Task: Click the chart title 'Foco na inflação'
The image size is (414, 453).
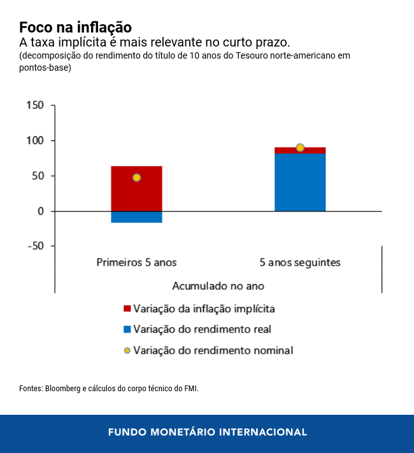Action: [x=75, y=27]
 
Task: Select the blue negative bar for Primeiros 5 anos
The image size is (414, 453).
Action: [x=136, y=217]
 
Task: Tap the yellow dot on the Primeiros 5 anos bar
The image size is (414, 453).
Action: [x=136, y=178]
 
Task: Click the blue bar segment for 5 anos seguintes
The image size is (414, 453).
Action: [x=300, y=182]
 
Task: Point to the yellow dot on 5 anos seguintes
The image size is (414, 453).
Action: [x=300, y=148]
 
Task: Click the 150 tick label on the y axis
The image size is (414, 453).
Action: [x=34, y=105]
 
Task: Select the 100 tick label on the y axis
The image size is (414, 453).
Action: [x=34, y=140]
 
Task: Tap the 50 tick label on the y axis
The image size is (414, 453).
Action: [x=37, y=176]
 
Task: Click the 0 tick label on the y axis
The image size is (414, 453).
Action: [x=40, y=211]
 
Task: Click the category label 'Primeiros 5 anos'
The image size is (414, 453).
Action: [x=136, y=262]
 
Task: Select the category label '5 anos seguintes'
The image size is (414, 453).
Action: [x=300, y=262]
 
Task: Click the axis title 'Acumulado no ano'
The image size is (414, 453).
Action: [x=218, y=286]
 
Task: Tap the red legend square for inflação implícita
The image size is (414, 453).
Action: [x=127, y=309]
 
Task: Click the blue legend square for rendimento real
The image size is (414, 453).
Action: [x=127, y=329]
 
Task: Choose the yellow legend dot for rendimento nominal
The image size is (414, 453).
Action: [x=127, y=350]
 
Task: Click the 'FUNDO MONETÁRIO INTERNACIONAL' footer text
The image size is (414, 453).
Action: [x=207, y=432]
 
